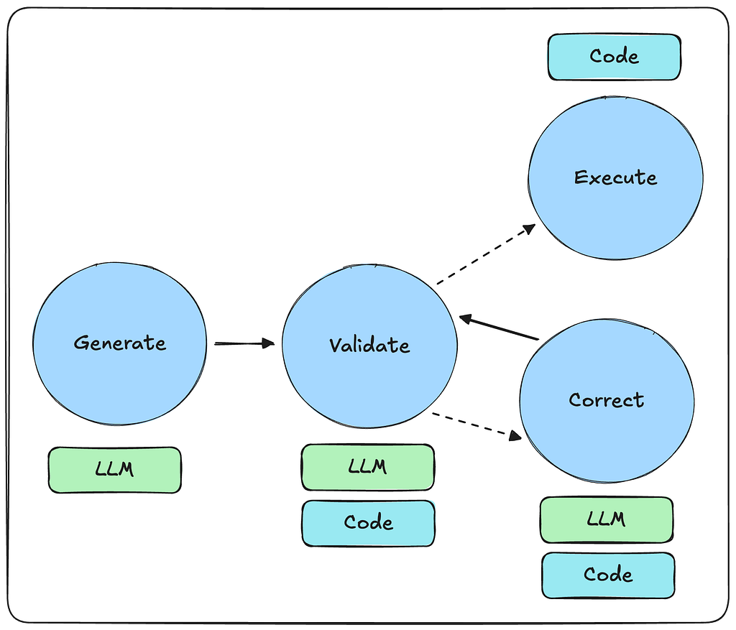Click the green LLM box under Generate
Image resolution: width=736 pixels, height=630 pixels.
(115, 470)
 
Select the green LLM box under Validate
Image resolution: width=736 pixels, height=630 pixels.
(367, 467)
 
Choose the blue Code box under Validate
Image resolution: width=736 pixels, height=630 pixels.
(368, 522)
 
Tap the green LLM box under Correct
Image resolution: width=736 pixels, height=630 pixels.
(607, 519)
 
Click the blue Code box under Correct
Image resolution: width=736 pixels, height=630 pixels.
(608, 575)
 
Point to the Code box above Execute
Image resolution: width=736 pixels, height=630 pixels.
(614, 56)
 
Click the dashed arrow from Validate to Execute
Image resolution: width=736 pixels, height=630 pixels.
(485, 255)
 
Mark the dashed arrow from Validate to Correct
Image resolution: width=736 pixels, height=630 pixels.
(476, 425)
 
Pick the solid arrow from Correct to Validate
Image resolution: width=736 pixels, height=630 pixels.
(500, 327)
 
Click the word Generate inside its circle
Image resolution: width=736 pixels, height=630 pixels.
(119, 343)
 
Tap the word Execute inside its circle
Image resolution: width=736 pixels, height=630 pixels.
(615, 177)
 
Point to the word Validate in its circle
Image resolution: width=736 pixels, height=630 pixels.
(369, 345)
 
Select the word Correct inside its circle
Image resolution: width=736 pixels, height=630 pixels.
(607, 400)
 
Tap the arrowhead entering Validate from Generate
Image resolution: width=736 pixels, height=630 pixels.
(269, 343)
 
